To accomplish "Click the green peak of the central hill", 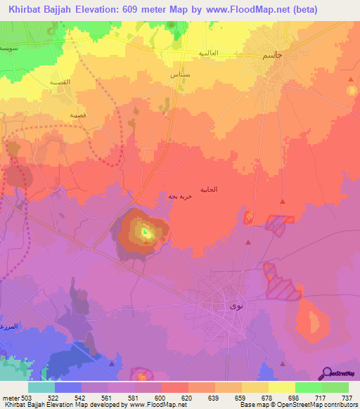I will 145,232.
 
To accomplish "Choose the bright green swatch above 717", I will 308,387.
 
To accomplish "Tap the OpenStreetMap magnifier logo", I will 326,373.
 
